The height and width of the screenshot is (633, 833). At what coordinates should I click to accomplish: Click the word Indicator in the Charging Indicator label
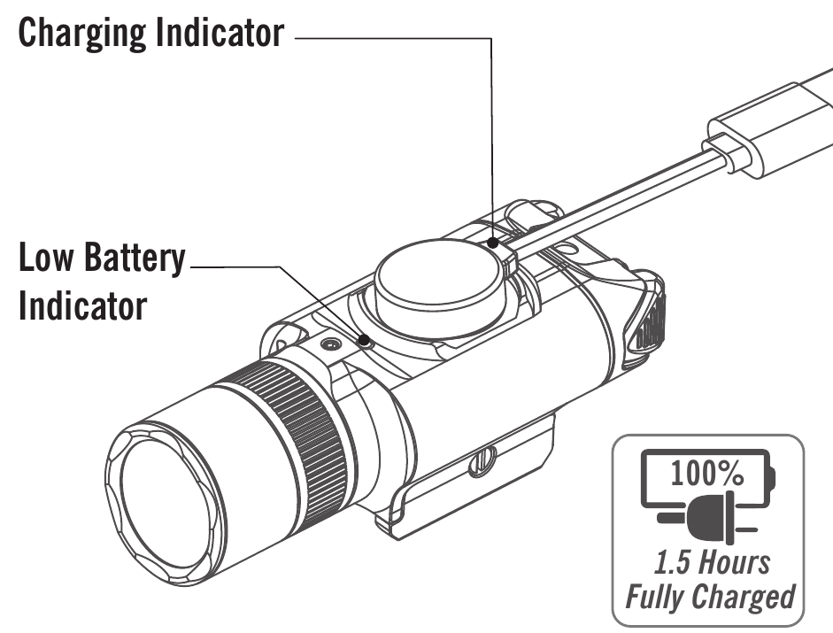pyautogui.click(x=221, y=35)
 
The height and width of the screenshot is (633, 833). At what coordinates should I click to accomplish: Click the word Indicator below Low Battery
pyautogui.click(x=81, y=307)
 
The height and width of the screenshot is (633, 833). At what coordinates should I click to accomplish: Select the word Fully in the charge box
pyautogui.click(x=656, y=597)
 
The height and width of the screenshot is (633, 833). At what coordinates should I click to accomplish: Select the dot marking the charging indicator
pyautogui.click(x=492, y=240)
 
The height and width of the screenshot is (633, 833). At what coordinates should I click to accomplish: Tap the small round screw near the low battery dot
pyautogui.click(x=330, y=343)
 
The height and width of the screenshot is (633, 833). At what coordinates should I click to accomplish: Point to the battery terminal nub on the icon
pyautogui.click(x=772, y=478)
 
